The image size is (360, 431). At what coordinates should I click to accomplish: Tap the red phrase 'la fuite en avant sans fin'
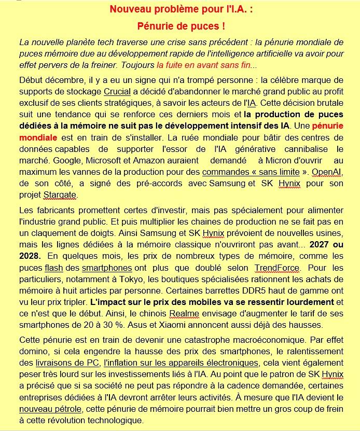click(x=203, y=65)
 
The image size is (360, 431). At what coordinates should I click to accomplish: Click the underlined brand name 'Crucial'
click(x=117, y=92)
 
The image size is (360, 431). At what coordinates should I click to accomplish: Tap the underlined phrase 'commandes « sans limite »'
click(x=251, y=172)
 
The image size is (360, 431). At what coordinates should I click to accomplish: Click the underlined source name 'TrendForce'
click(x=277, y=268)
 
